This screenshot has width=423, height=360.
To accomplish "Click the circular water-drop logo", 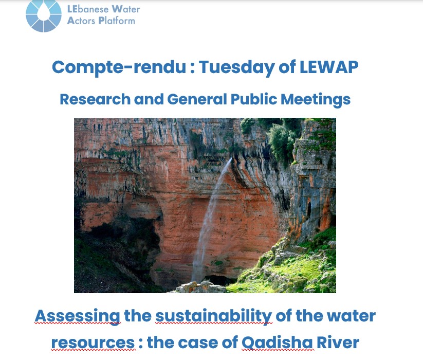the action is click(44, 15).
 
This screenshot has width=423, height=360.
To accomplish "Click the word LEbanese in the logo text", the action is click(88, 9).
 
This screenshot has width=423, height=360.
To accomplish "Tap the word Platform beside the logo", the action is click(117, 20).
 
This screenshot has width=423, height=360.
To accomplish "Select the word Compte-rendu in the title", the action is click(119, 68).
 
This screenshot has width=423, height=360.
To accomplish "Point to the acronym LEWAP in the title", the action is click(329, 67).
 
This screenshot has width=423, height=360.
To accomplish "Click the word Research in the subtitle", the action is click(95, 99).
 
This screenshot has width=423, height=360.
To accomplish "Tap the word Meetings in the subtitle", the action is click(316, 100).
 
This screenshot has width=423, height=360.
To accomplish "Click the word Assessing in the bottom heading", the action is click(78, 316).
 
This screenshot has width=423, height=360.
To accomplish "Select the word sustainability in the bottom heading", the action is click(214, 316).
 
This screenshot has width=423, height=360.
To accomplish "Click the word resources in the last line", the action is click(93, 343).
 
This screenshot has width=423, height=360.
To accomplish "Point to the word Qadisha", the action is click(277, 343).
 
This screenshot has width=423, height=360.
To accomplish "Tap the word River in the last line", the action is click(338, 342).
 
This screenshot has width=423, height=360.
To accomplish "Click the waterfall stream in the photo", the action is click(211, 221).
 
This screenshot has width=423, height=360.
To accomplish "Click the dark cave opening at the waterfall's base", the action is click(219, 280).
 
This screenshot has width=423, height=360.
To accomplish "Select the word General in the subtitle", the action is click(197, 99).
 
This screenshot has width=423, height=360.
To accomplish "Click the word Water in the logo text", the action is click(126, 9).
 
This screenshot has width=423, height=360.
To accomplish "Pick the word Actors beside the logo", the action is click(81, 21).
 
